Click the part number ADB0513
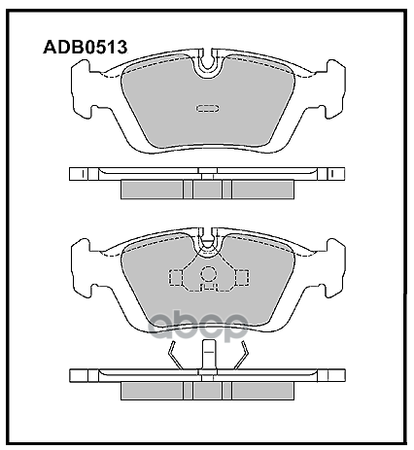coord(83,45)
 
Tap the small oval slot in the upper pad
coord(207,108)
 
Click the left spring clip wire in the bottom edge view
coord(171,358)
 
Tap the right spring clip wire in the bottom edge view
coord(244,358)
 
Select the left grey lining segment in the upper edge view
coord(151,190)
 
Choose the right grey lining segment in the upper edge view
coord(262,190)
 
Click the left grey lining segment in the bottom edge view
coord(151,391)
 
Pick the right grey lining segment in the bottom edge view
coord(262,391)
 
